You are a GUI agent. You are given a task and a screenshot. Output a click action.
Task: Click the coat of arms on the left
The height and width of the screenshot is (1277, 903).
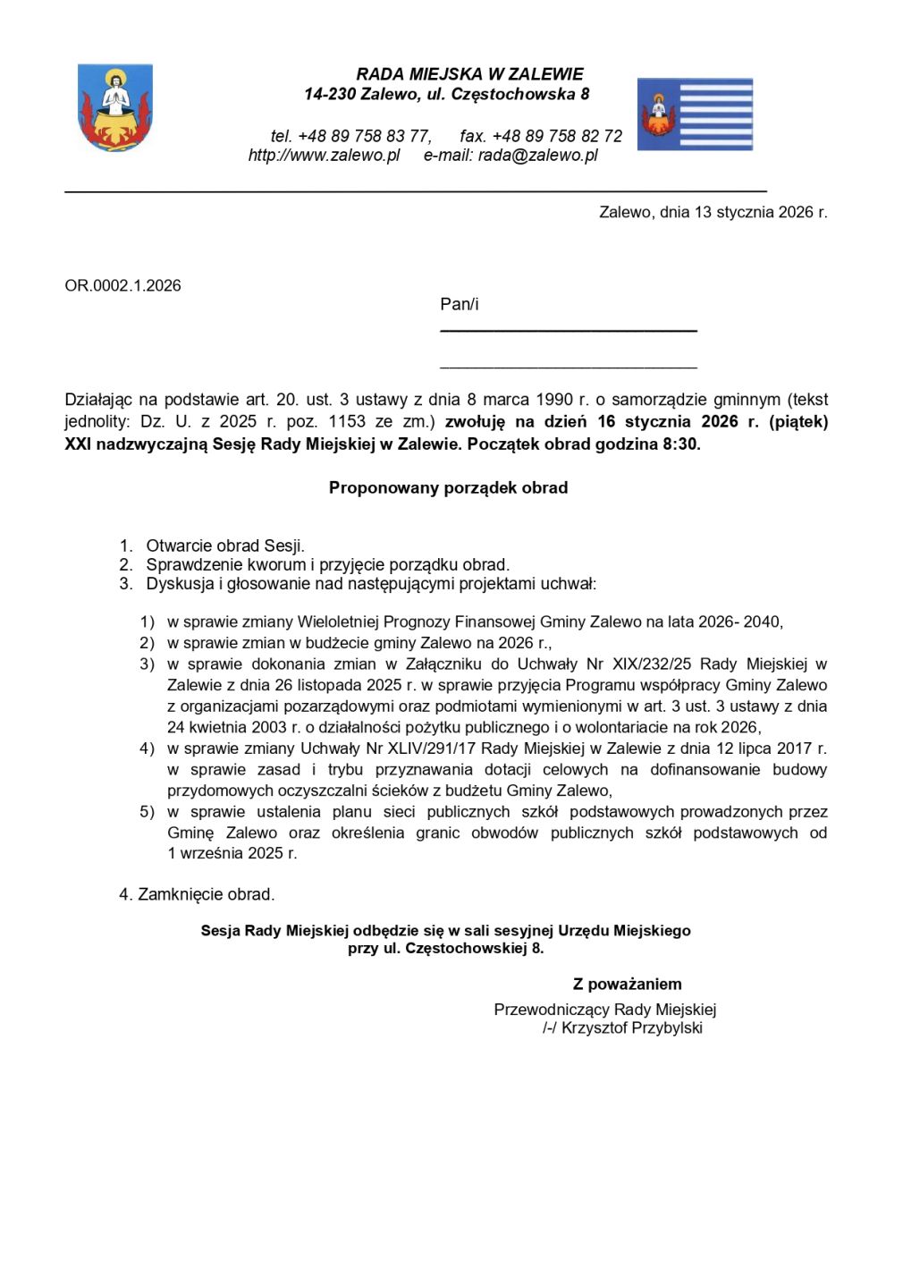coord(114,107)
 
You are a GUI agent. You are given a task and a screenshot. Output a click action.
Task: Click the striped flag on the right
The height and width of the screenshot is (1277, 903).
coord(695,114)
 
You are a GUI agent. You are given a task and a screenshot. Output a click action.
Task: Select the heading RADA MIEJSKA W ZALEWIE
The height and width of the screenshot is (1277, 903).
coord(469,74)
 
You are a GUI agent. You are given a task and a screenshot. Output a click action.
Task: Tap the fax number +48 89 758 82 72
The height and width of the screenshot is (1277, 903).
coord(557,136)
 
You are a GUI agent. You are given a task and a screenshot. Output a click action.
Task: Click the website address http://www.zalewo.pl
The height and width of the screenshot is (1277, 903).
coord(324,156)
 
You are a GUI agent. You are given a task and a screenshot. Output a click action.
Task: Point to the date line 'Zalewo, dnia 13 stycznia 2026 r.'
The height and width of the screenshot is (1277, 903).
coord(713,212)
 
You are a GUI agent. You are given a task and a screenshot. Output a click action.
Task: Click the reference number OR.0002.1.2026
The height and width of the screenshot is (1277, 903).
coord(122,286)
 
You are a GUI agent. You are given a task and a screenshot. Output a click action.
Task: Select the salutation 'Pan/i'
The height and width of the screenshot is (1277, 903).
coord(459,305)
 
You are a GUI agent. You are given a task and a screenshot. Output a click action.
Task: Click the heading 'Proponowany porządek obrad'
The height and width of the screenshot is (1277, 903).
coord(448,488)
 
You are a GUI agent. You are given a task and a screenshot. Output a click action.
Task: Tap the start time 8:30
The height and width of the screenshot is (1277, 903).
coord(679,444)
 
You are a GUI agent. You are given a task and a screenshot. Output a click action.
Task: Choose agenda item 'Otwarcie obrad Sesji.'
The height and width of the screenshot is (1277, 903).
coord(225,545)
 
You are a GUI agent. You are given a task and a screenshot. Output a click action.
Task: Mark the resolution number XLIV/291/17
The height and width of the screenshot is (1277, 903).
coord(418,748)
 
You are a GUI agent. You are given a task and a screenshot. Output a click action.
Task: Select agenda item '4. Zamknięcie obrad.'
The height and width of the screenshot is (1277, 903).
coord(197,894)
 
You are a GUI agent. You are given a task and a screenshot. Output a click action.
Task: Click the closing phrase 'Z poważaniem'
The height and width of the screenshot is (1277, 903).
coord(627,985)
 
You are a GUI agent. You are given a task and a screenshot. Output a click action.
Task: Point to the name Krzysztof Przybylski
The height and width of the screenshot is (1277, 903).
coord(631,1028)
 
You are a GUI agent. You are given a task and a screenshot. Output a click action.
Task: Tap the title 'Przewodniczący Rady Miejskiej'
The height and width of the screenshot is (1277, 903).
coord(604,1010)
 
